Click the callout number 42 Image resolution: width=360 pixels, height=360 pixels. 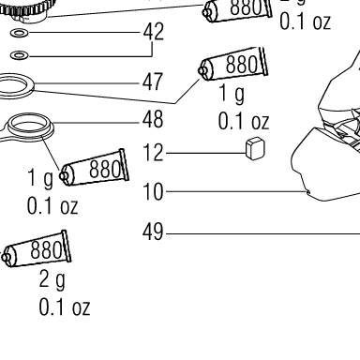coord(154,32)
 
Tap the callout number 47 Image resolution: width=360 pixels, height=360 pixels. coord(153,82)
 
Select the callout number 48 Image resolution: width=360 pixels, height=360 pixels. coord(153,119)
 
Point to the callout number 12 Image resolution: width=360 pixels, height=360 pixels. coord(153,153)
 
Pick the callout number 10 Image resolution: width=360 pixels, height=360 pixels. coord(153,191)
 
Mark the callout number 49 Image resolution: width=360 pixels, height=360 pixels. coord(153,232)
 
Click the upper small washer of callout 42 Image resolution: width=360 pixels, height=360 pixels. coord(20,33)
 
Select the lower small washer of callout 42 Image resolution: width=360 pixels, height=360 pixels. coord(20,55)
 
